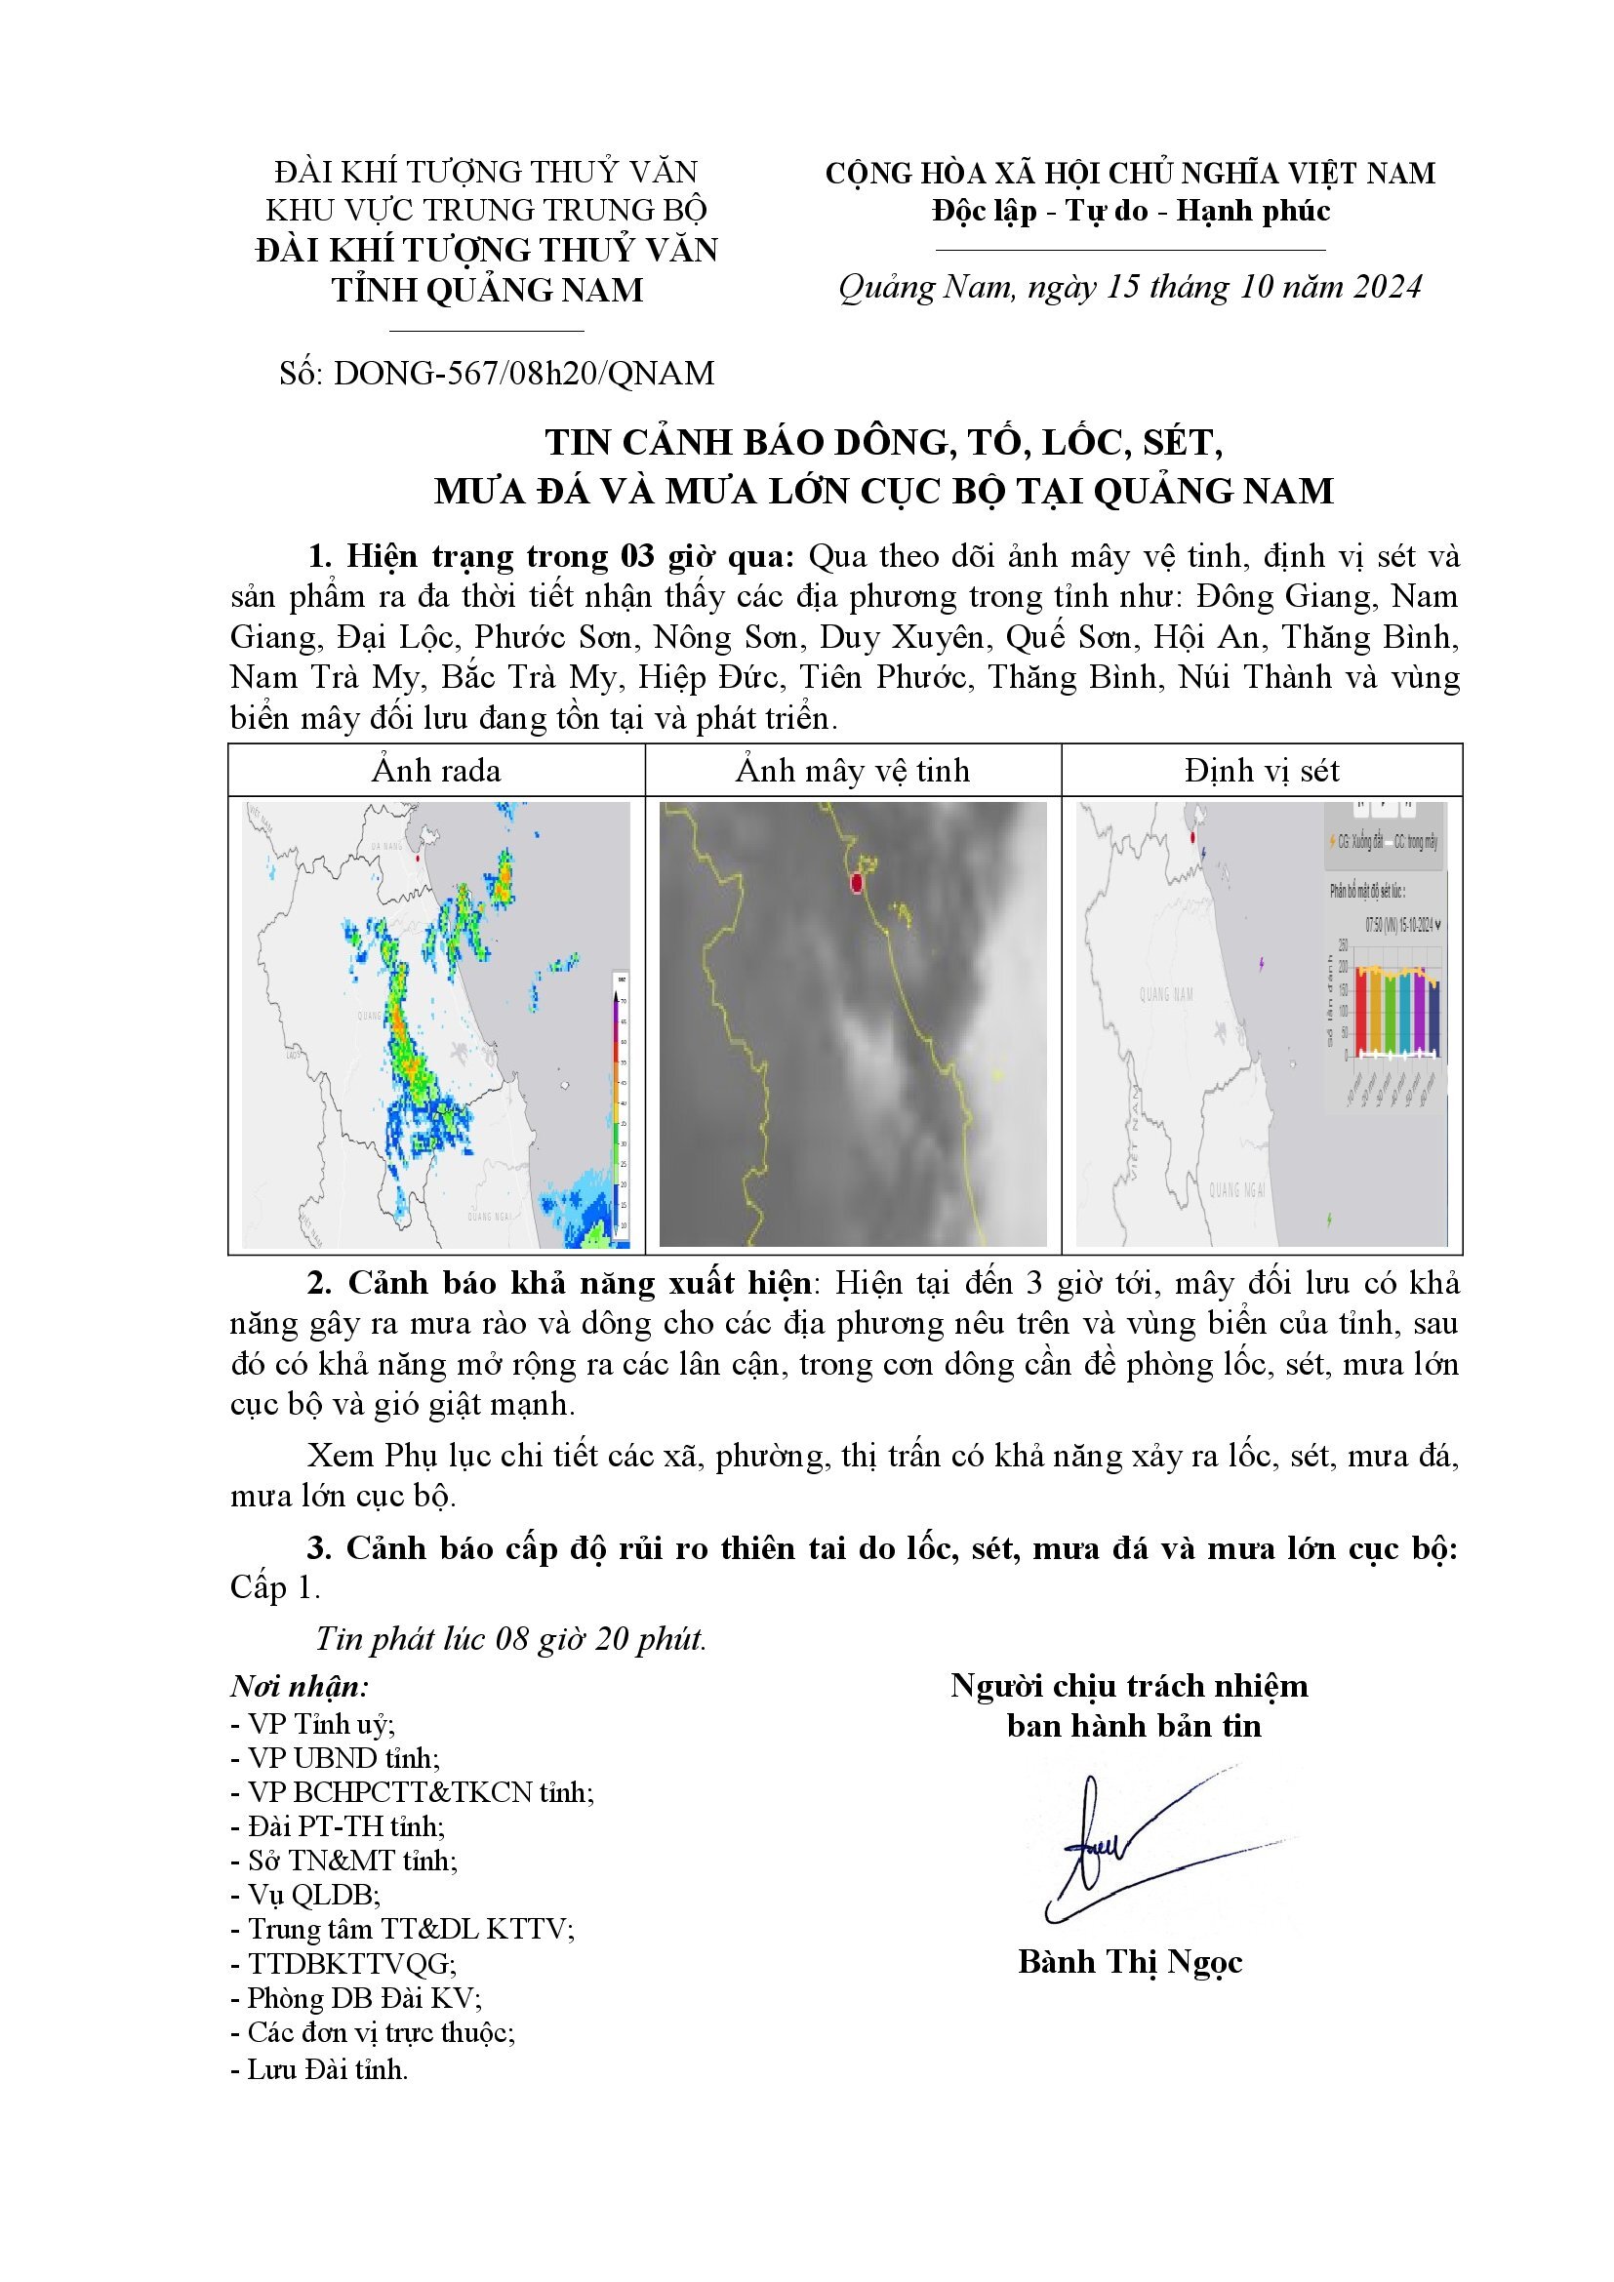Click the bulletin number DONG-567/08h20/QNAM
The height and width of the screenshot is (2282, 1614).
[x=524, y=374]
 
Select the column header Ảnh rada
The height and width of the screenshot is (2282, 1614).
[x=436, y=771]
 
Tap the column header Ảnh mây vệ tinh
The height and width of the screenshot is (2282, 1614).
[x=853, y=771]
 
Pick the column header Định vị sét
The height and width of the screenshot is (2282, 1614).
[x=1262, y=771]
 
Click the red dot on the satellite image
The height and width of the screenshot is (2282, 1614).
[x=857, y=883]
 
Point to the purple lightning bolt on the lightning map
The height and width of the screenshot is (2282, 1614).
[x=1262, y=963]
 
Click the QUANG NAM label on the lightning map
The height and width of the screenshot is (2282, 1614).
[x=1166, y=994]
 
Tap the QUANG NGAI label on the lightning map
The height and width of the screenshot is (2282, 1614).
[x=1236, y=1189]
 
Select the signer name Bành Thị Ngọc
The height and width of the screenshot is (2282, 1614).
[x=1130, y=1962]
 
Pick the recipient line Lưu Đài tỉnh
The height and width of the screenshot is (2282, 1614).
[x=319, y=2070]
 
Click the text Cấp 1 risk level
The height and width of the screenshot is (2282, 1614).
[x=273, y=1587]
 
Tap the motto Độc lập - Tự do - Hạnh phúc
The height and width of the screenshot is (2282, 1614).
[x=1131, y=211]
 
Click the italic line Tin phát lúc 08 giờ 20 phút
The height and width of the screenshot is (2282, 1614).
[x=509, y=1638]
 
